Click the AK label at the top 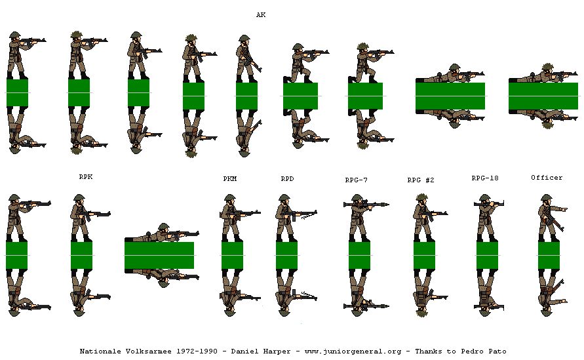[x=261, y=14]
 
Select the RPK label [x=86, y=176]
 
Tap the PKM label [x=229, y=178]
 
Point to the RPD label [x=287, y=178]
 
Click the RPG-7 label [x=357, y=180]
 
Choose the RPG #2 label [x=421, y=180]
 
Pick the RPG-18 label [x=485, y=178]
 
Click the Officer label [x=547, y=178]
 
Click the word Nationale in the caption [x=100, y=351]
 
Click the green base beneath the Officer [x=549, y=255]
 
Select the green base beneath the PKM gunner [x=232, y=255]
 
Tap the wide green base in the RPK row [x=159, y=255]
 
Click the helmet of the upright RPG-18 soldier [x=484, y=199]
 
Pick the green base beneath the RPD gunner [x=286, y=255]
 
